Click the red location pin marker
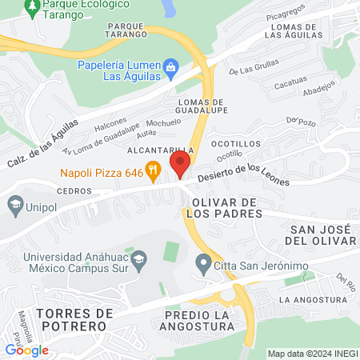tap(180, 166)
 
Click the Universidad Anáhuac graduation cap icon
tap(139, 258)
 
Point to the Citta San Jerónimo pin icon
tap(202, 262)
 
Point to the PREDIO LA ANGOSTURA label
tap(197, 320)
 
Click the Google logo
tap(26, 350)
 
